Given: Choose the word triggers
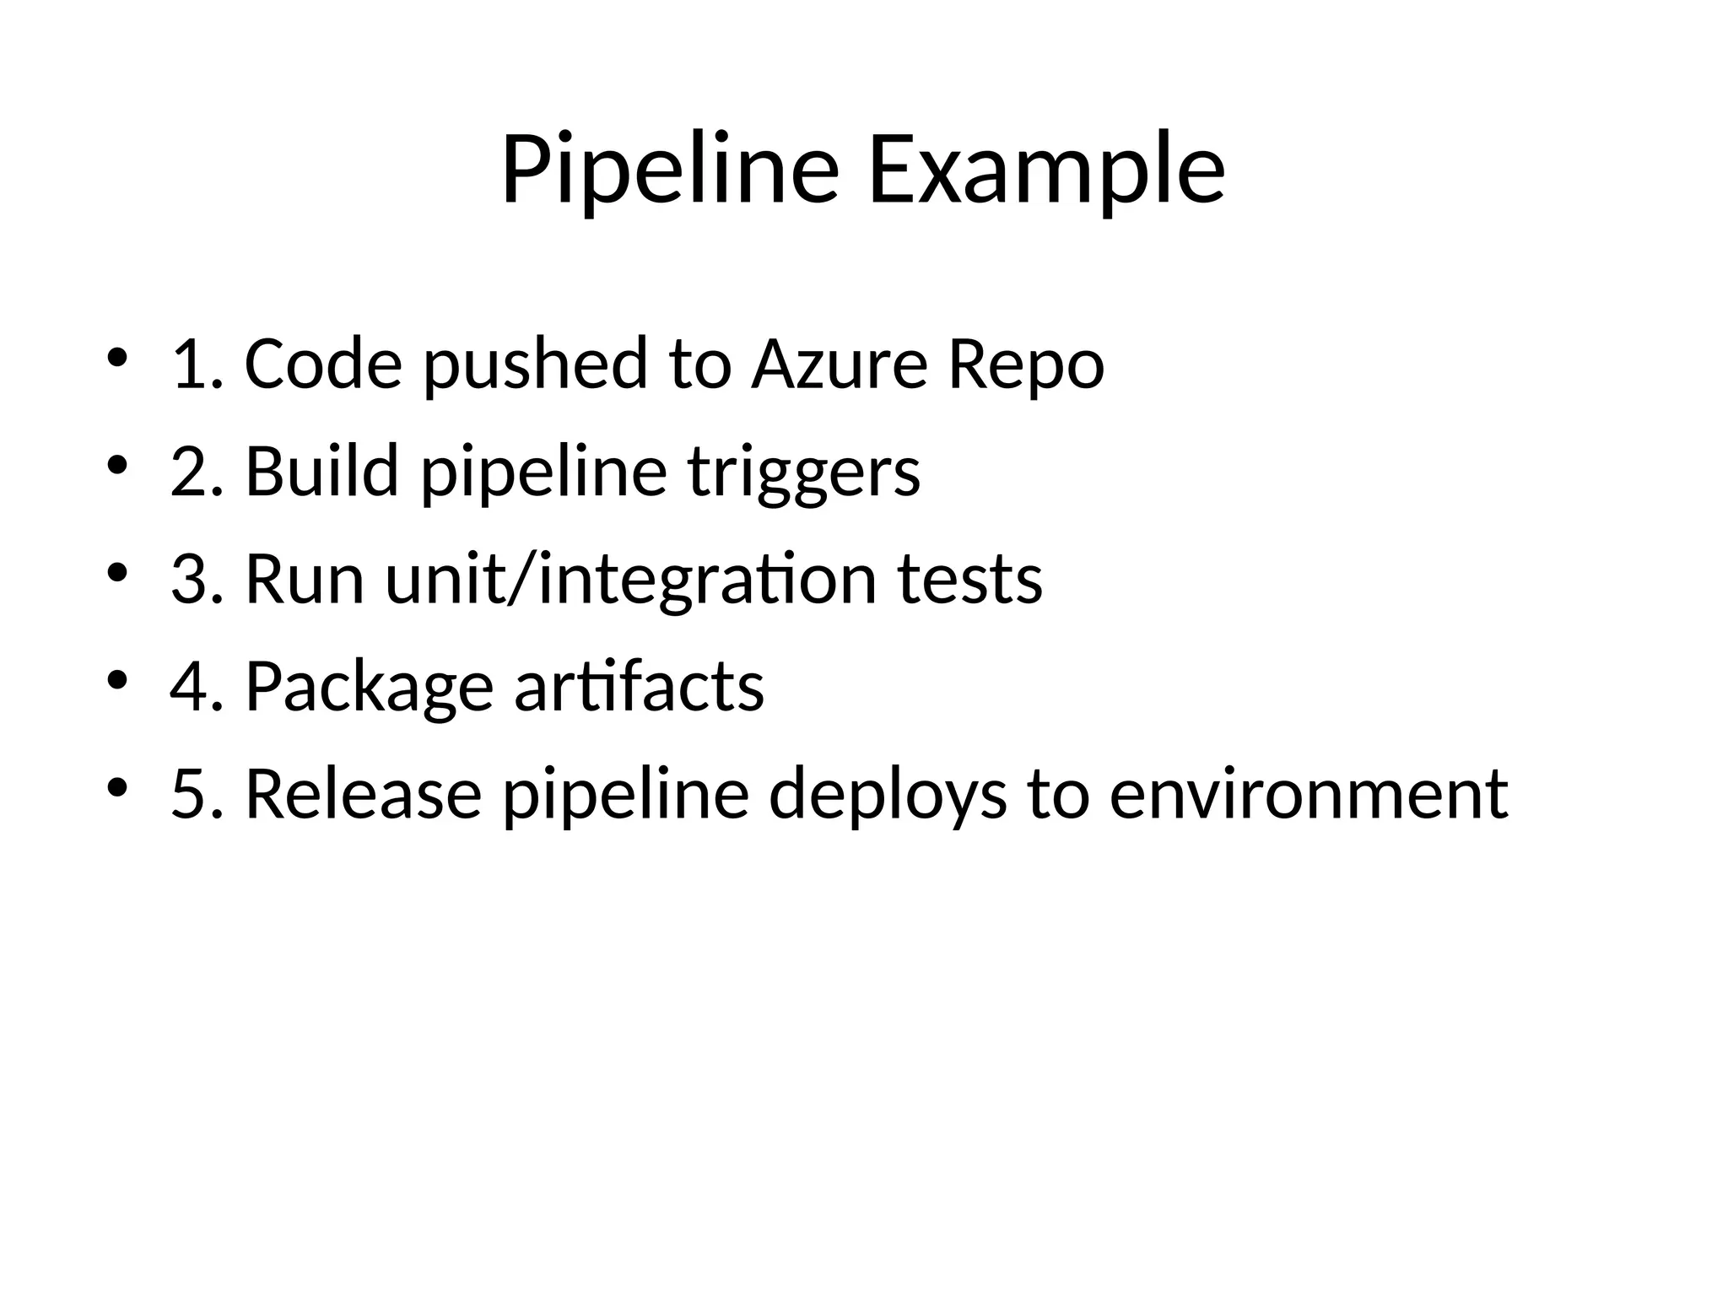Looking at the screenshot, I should pos(803,472).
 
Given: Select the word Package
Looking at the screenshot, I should pos(369,687).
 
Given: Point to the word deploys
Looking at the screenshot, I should pos(888,795).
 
